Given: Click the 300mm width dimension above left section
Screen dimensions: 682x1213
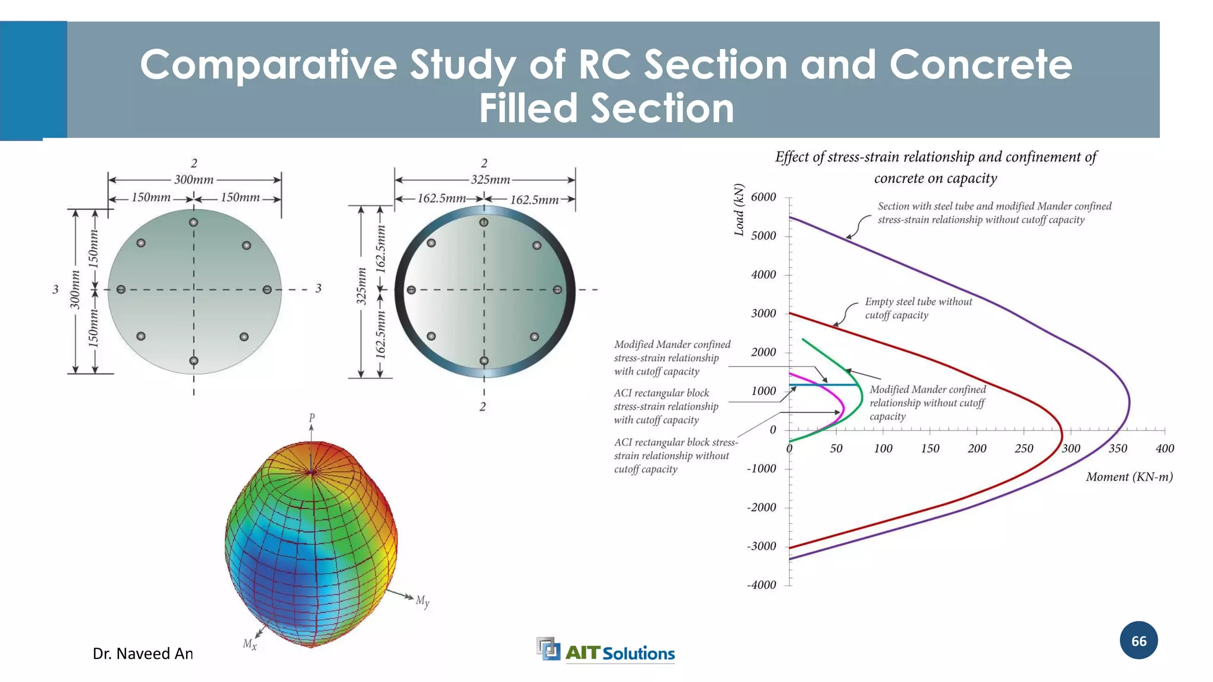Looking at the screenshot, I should click(194, 179).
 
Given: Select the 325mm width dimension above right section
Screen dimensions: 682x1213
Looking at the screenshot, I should click(490, 179).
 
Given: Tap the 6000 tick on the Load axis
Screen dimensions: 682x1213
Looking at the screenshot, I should click(763, 197).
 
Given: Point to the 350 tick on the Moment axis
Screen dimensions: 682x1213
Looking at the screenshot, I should click(1118, 448).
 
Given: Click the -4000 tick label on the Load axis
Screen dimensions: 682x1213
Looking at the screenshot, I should click(761, 585).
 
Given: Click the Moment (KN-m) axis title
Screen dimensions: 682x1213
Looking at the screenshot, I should click(1129, 477).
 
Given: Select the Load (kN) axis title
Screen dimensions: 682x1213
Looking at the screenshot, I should click(739, 210).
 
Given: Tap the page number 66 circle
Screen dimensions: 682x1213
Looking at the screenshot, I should click(1138, 641).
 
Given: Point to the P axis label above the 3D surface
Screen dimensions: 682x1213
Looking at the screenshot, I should click(312, 418).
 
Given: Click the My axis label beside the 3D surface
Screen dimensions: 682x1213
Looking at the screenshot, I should click(422, 601).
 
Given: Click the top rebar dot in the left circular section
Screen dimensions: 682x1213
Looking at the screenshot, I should click(194, 223).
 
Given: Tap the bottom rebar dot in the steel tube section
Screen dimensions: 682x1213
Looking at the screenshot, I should click(484, 361).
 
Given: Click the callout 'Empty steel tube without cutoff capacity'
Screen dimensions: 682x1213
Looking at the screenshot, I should click(918, 308).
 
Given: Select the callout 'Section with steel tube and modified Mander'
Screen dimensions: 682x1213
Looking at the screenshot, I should click(994, 213).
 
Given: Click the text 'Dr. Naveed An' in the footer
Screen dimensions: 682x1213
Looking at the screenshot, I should click(143, 654).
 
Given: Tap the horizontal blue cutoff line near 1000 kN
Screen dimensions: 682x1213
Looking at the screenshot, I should click(823, 385).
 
